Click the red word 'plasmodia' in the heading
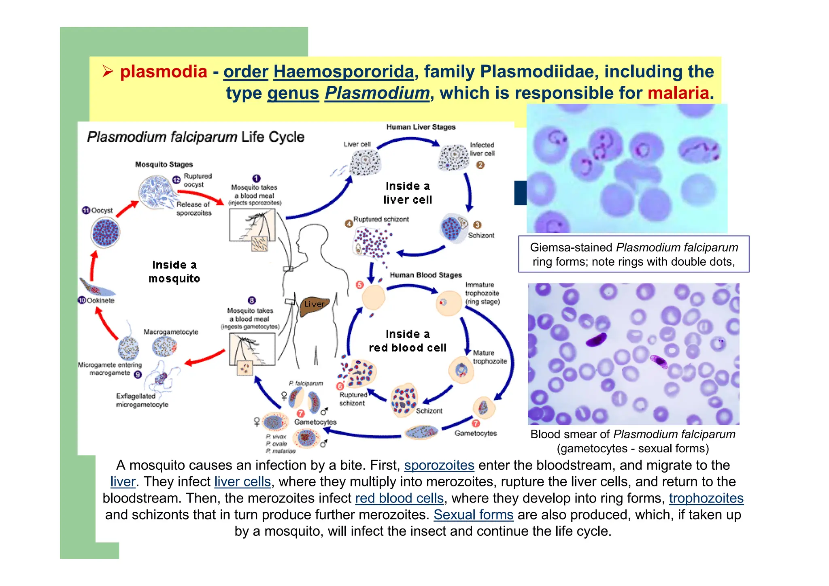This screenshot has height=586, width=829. pos(164,72)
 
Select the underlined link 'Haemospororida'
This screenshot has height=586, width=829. pos(344,72)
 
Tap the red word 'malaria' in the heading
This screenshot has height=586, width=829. pos(678,93)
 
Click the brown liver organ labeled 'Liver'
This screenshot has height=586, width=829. pos(315,307)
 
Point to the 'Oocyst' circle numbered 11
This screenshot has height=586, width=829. pos(105,232)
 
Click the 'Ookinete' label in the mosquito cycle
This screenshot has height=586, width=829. pos(100,300)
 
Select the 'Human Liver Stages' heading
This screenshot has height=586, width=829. pos(421,127)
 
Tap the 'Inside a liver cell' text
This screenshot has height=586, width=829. pos(408,193)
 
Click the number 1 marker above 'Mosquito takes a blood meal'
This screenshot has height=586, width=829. pos(256,179)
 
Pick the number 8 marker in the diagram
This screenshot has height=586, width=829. pos(252,300)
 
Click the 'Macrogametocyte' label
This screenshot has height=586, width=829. pos(171,332)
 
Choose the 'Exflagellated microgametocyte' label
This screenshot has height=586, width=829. pos(142,400)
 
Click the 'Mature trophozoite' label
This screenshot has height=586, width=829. pos(489,357)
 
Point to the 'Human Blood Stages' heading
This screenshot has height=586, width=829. pos(425,275)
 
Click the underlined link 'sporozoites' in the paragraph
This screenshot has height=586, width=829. pos(439,465)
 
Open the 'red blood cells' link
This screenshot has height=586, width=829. pos(399,498)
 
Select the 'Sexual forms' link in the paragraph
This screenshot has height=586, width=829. pos(473,515)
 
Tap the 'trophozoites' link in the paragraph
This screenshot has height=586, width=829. pos(706,498)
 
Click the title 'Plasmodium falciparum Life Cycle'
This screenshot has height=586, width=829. pos(196,137)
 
